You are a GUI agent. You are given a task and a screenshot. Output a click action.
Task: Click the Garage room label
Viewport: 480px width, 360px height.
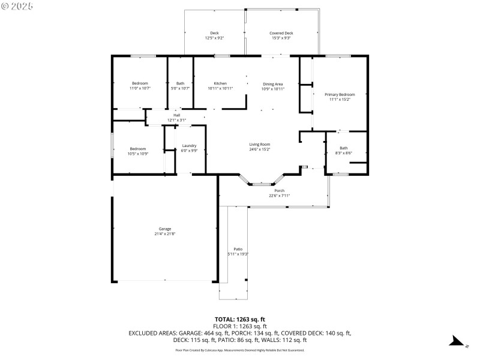(165, 229)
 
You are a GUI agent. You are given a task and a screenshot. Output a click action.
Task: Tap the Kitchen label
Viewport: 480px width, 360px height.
(220, 83)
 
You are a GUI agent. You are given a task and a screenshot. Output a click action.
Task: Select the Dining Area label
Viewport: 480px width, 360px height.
(272, 83)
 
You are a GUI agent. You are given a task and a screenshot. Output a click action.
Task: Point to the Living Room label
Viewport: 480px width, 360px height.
(260, 144)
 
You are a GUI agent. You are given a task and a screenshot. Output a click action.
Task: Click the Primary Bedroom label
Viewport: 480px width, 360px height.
(340, 94)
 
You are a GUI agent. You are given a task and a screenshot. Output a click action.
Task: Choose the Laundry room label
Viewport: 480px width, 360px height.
(190, 146)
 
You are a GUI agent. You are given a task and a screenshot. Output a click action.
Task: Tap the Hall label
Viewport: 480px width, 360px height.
(177, 115)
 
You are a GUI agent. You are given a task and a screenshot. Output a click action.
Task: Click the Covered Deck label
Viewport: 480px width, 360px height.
(281, 33)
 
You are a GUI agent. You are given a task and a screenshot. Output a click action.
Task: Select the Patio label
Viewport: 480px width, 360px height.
(238, 249)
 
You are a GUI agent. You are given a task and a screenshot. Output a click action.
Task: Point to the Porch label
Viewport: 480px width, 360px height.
(280, 190)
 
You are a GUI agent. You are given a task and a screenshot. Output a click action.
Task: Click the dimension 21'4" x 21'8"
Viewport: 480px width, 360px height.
(165, 233)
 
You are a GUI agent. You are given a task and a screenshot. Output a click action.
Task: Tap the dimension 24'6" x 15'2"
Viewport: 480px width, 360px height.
(260, 149)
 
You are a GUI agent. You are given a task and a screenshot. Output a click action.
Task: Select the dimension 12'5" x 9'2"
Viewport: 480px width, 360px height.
(214, 38)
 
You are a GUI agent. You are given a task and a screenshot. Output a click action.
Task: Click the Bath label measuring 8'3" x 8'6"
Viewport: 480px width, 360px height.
(343, 148)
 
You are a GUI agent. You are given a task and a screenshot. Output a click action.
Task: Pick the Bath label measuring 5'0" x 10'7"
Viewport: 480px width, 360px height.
(180, 83)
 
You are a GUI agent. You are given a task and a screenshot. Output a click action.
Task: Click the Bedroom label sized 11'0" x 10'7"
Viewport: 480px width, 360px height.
(140, 83)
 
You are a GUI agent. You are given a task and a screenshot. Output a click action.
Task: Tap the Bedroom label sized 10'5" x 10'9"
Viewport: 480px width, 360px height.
(138, 149)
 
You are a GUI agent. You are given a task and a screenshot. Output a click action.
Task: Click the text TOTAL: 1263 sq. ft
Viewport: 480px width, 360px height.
(240, 319)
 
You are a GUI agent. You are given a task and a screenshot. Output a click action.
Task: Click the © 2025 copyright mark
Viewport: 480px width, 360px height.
(17, 6)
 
